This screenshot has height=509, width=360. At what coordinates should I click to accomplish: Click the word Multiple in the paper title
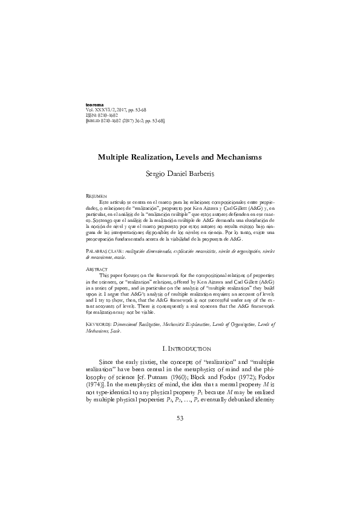point(116,157)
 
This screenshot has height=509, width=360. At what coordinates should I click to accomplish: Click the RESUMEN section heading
point(97,197)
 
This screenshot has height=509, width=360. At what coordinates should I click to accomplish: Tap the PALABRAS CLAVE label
point(105,250)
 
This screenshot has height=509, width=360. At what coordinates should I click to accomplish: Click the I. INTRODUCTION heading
point(180,349)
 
